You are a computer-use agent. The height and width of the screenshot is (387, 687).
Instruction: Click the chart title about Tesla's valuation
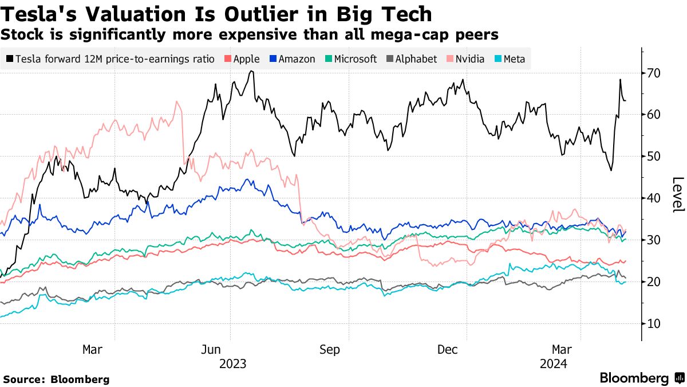tap(216, 14)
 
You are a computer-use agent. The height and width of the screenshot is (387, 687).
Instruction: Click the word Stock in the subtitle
tap(19, 34)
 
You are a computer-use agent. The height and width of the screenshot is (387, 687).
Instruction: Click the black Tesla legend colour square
tap(10, 59)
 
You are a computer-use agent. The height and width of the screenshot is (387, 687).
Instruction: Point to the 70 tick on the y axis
tap(654, 73)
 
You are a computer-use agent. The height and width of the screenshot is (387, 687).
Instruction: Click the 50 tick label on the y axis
tap(654, 157)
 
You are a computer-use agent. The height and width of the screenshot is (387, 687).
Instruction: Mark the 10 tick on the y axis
tap(654, 324)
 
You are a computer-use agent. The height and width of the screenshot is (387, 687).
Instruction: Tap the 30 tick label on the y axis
tap(654, 240)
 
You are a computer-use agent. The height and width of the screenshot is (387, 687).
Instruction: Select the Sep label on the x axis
tap(330, 349)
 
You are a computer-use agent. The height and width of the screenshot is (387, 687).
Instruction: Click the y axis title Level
tap(677, 195)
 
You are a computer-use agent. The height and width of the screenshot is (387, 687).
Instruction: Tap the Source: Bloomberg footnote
tap(56, 379)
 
